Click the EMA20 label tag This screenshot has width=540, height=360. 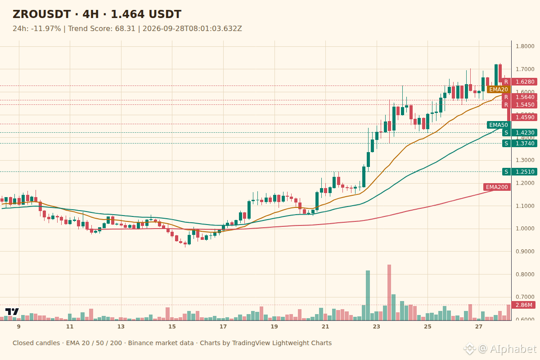click(x=499, y=90)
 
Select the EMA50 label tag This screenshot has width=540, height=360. click(x=499, y=125)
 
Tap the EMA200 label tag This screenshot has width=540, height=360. click(x=497, y=187)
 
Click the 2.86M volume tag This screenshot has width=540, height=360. click(x=524, y=305)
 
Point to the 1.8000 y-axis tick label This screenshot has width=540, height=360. click(x=525, y=46)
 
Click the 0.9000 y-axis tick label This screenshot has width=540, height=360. click(x=525, y=251)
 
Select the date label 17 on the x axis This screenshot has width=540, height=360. click(x=223, y=327)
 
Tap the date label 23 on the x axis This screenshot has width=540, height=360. click(x=376, y=327)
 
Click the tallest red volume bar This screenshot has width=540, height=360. click(x=389, y=292)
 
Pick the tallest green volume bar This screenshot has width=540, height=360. click(x=368, y=295)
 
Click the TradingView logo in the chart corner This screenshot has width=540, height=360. click(x=12, y=311)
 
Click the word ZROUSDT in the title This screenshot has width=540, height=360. click(x=41, y=14)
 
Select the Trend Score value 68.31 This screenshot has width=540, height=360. click(x=125, y=28)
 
